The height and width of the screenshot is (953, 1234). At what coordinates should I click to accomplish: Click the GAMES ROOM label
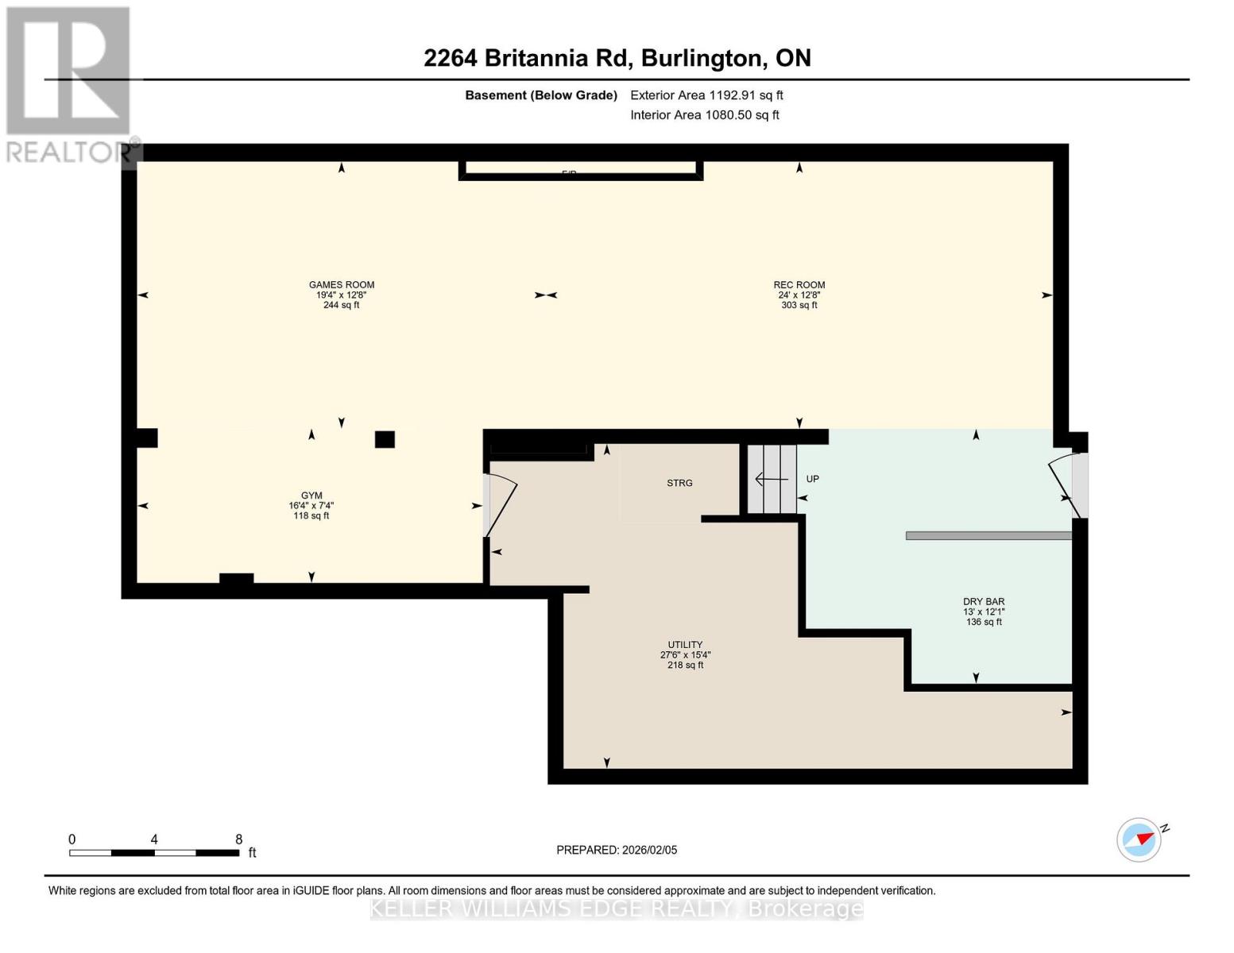coord(342,285)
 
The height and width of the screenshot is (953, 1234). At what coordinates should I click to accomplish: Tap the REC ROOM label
coord(799,285)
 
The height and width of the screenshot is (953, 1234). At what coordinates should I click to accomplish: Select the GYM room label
coord(311,496)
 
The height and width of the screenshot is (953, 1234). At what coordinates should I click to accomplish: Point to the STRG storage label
coord(679,483)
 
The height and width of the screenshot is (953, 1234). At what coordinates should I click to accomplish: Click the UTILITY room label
coord(685,645)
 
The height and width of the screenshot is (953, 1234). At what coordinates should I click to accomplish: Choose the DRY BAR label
coord(984,602)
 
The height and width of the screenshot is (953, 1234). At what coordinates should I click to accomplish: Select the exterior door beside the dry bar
coord(1069,484)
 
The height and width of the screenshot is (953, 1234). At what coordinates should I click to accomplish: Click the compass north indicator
coord(1139,839)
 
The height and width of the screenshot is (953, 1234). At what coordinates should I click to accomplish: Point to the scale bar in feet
coord(154,852)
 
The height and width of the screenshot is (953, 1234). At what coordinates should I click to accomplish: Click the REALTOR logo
coord(69,83)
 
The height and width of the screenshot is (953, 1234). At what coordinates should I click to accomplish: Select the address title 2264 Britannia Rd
coord(617,58)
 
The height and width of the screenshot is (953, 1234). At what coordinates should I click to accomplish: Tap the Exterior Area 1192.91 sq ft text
coord(706,95)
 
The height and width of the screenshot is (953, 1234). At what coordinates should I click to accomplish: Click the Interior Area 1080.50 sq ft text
coord(704,115)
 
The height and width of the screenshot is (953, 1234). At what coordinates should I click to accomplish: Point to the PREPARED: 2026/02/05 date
coord(617,850)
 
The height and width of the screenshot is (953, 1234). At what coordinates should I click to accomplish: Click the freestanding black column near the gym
coord(385,439)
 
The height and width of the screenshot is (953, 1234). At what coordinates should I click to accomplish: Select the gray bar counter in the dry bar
coord(988,536)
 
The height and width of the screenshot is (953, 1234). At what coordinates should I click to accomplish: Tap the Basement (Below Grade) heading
coord(540,95)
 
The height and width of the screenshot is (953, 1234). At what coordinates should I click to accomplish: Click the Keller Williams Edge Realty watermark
coord(617,909)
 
